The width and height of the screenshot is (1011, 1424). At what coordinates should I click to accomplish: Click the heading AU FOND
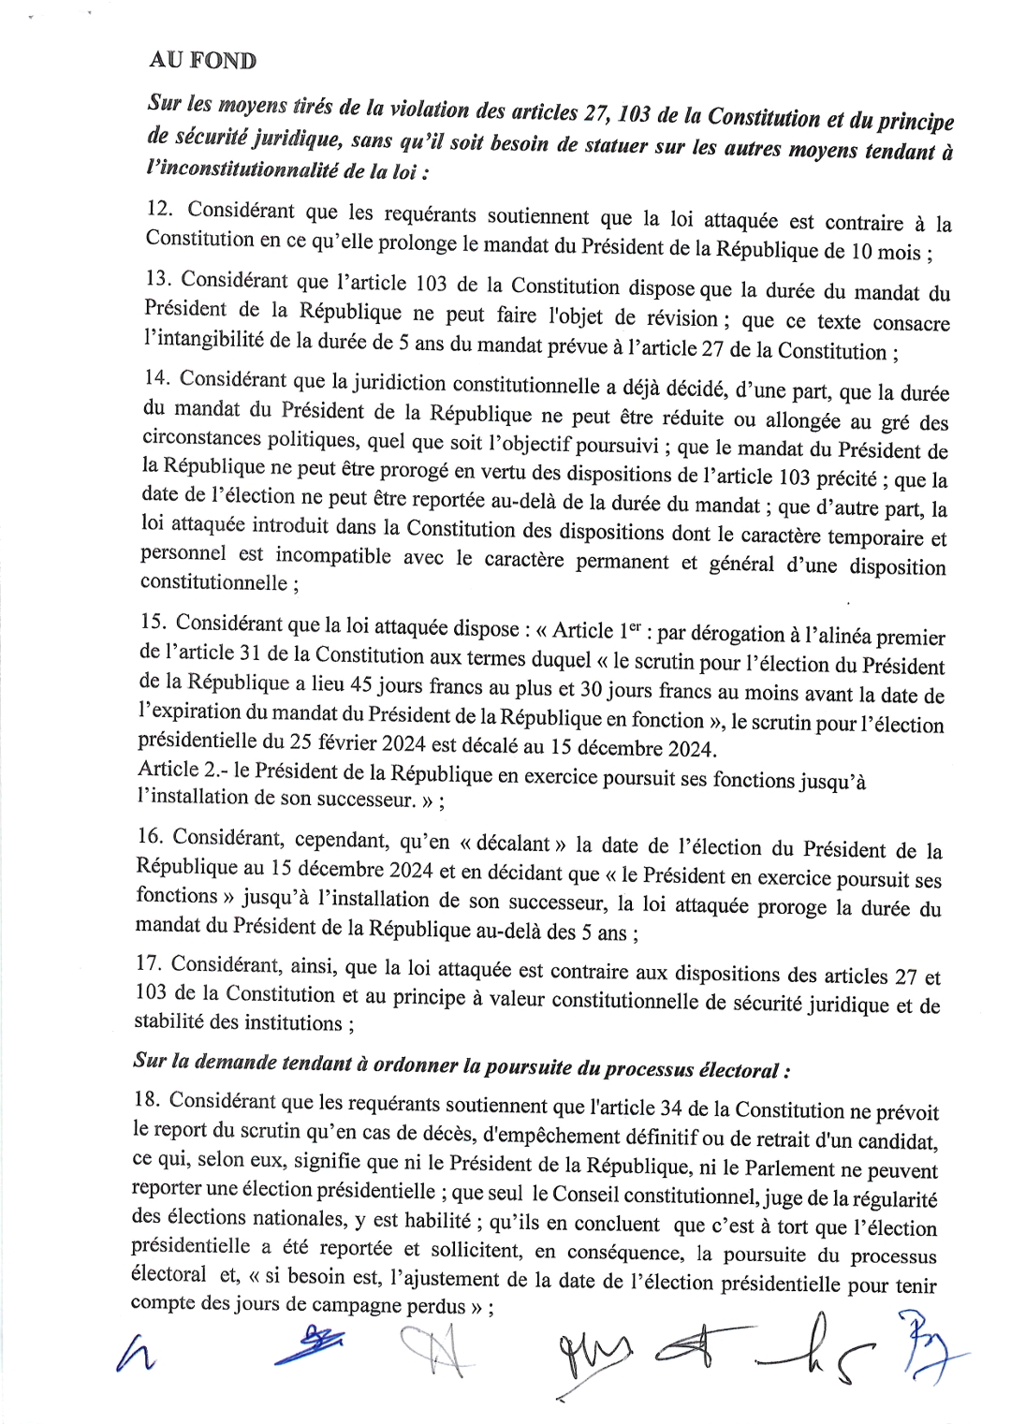[202, 61]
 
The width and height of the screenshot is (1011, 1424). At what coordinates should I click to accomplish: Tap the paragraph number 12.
[159, 209]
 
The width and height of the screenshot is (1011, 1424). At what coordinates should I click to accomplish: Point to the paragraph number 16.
[150, 836]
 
